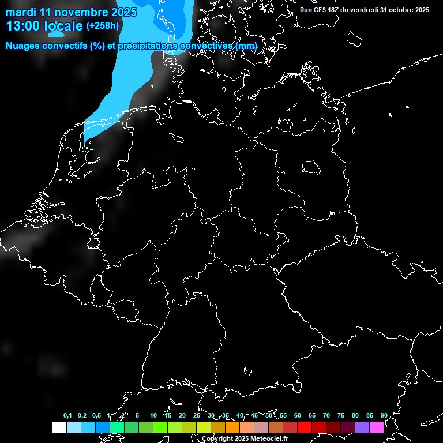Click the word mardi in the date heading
click(x=21, y=12)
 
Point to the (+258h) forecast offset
click(x=103, y=26)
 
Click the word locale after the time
click(x=63, y=26)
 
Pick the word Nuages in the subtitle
click(x=22, y=46)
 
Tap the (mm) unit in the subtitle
click(x=247, y=46)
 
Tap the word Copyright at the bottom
click(x=217, y=438)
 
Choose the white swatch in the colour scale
click(x=59, y=427)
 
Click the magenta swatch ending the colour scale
click(x=376, y=427)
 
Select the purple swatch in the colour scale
click(x=362, y=427)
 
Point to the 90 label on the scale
click(x=384, y=415)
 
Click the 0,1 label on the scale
click(x=67, y=415)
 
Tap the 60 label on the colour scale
click(x=297, y=415)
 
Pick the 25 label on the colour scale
click(x=196, y=415)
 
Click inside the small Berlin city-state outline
click(x=311, y=167)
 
